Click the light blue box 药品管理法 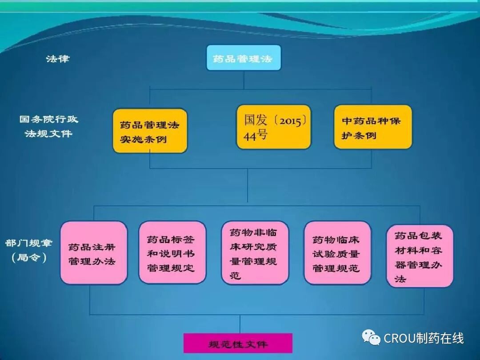(x=244, y=58)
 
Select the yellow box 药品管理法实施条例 (x=149, y=131)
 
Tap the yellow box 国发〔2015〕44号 (x=273, y=127)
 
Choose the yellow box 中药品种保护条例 (x=373, y=127)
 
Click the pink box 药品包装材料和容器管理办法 (x=420, y=256)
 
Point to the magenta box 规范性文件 (x=238, y=344)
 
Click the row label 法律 (x=58, y=58)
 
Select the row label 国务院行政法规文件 (x=48, y=126)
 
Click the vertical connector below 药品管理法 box (x=244, y=80)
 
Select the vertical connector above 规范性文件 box (x=240, y=324)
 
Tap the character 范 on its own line (x=235, y=276)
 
